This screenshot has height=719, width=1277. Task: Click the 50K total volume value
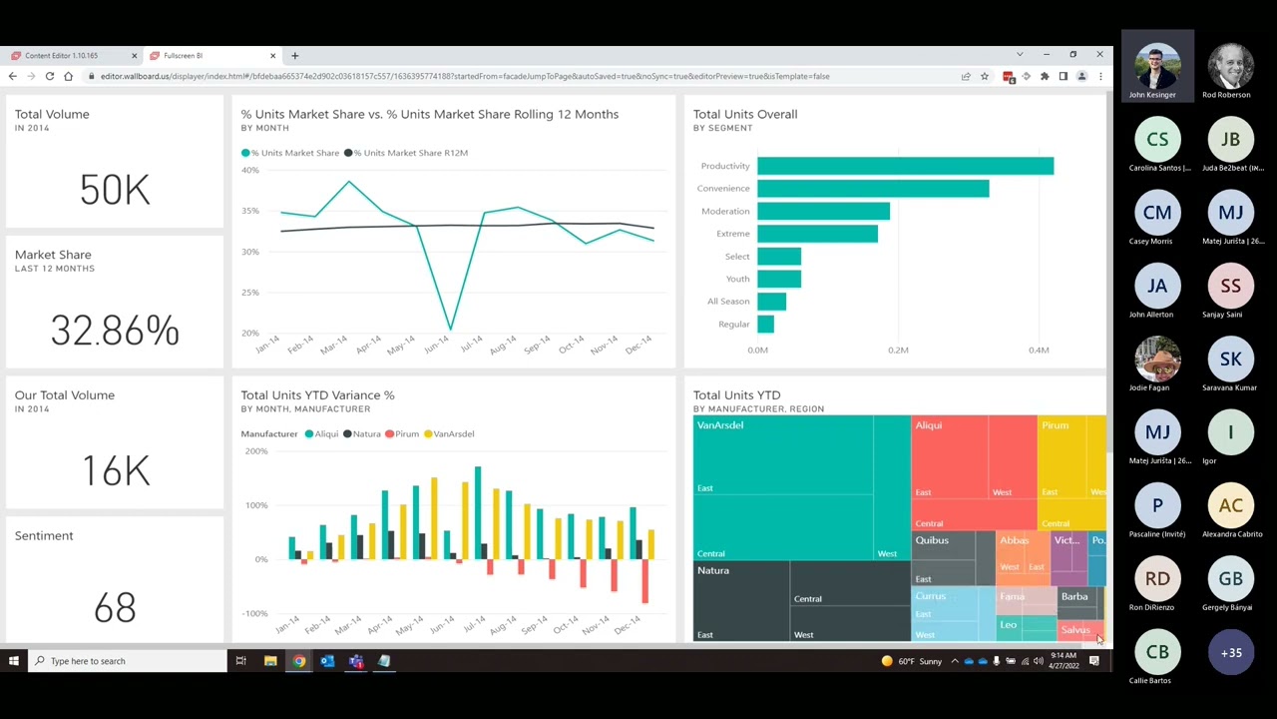click(115, 190)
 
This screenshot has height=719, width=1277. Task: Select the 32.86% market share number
click(115, 331)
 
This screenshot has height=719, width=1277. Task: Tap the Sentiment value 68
click(115, 607)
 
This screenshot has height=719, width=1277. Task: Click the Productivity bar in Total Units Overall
click(905, 166)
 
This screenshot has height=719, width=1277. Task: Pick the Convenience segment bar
click(873, 189)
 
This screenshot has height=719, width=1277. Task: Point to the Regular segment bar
click(765, 325)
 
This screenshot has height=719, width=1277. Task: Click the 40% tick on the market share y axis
click(249, 171)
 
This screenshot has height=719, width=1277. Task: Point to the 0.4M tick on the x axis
click(1039, 351)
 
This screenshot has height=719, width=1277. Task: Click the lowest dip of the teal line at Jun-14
click(450, 328)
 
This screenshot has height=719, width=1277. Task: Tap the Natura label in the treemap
click(713, 571)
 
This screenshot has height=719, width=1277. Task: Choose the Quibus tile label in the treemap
click(932, 541)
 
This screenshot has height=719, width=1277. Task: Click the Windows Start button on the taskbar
click(14, 661)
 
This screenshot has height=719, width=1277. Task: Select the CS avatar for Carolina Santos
click(1157, 140)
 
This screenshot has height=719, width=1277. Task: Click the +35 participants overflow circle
click(1231, 653)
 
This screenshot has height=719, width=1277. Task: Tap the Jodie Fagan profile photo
click(1157, 359)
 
